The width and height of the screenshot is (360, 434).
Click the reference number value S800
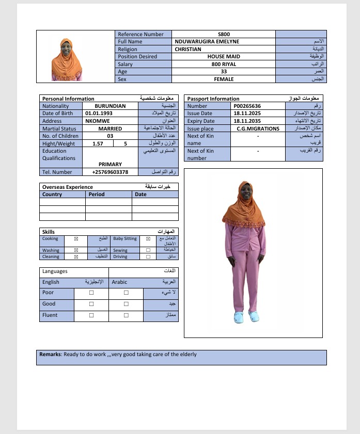click(x=223, y=34)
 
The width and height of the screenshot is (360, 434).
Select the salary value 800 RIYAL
click(x=223, y=65)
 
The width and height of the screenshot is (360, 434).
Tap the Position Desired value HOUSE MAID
click(x=223, y=57)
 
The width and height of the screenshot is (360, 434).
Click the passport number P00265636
click(x=247, y=106)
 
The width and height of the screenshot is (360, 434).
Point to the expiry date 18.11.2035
click(x=247, y=121)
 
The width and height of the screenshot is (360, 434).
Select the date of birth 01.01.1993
click(x=99, y=114)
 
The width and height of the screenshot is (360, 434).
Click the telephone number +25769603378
click(x=110, y=172)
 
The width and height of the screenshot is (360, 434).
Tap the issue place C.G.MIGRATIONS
click(x=258, y=128)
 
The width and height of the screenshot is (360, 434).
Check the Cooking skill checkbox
click(x=76, y=239)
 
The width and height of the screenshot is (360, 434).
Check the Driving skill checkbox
click(x=148, y=256)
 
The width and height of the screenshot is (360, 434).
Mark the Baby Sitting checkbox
click(x=148, y=239)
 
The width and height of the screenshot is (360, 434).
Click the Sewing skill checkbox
click(x=148, y=250)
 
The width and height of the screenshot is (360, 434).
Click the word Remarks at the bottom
click(x=50, y=355)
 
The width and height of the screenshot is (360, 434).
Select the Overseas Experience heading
click(x=68, y=187)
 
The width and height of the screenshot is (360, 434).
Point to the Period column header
click(x=97, y=195)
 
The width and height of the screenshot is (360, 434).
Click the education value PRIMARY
click(x=110, y=164)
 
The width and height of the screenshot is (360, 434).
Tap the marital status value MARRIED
click(x=110, y=128)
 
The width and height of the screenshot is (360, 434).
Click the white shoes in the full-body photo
click(x=246, y=316)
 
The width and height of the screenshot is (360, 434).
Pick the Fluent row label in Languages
click(x=50, y=315)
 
